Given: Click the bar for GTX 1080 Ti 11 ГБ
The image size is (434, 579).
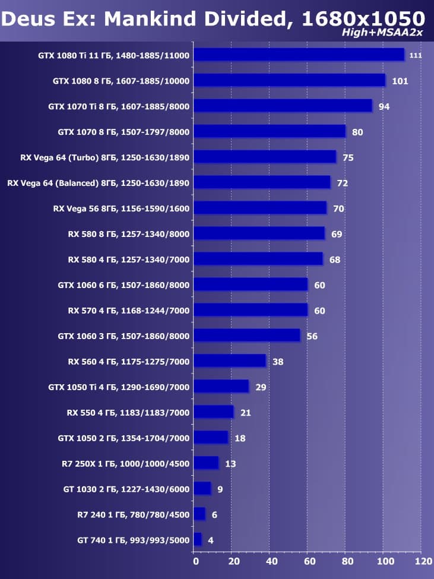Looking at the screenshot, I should pos(299,55).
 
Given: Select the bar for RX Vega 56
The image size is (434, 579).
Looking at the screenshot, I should pos(260,208).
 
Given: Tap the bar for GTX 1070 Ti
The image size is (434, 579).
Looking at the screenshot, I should pos(283,106).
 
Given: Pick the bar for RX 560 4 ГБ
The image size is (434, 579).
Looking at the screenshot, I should pos(230,361).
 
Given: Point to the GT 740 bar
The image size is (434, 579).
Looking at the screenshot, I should pos(198,539).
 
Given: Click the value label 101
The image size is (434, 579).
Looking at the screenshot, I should pos(400,81).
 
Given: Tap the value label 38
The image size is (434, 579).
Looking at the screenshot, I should pos(277,362).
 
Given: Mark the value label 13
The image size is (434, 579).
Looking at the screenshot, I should pos(230,464).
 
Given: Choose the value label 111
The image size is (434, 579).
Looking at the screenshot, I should pos(416,55).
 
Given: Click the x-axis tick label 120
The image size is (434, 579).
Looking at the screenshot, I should pos(423,561).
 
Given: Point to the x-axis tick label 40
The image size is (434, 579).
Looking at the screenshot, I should pos(271,561).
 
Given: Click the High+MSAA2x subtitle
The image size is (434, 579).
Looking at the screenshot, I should pos(382,32).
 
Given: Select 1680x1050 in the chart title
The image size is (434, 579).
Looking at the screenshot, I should pos(363,18).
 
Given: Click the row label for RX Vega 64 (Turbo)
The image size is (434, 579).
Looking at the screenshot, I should pos(105,157).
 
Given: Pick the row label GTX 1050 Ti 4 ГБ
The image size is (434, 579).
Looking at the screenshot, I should pos(119,387).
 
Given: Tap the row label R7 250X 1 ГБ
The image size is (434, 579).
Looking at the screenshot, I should pos(125,464).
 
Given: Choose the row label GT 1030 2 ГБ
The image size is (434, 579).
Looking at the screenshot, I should pos(125,489).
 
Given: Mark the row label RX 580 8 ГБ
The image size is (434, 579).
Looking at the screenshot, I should pos(129,234).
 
